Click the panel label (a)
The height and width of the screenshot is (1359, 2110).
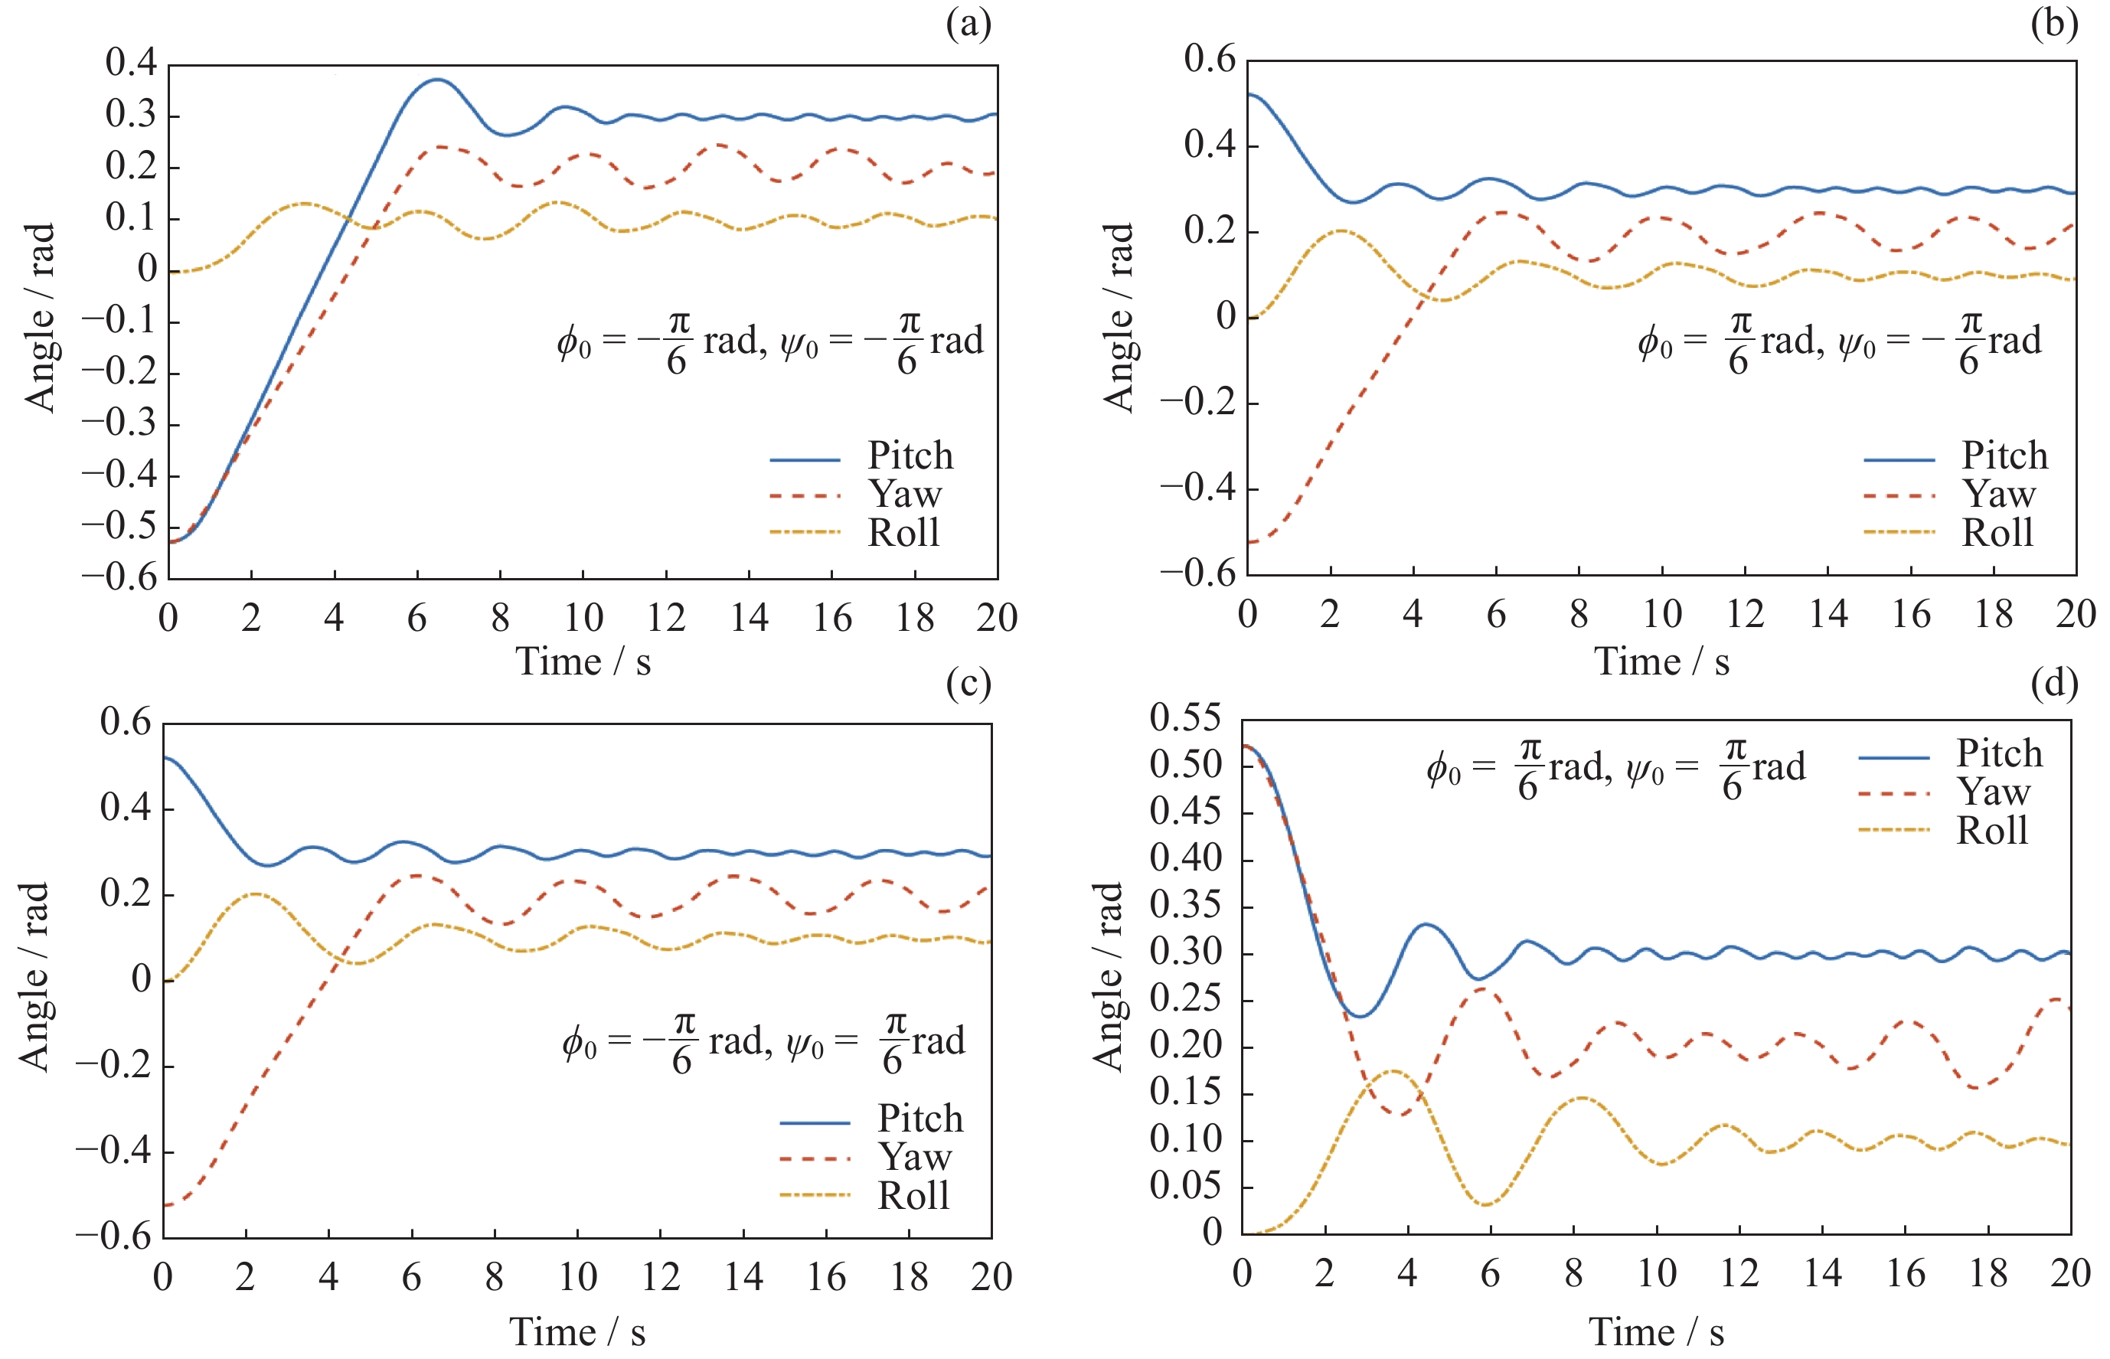click(x=968, y=25)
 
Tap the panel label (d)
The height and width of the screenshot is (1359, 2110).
click(x=2053, y=683)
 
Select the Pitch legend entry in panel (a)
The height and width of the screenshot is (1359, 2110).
click(x=910, y=456)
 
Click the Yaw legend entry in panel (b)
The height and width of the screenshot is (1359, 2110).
click(x=1998, y=494)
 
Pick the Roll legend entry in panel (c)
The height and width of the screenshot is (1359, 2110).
click(x=913, y=1196)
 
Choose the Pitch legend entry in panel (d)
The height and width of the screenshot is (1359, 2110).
click(x=1999, y=753)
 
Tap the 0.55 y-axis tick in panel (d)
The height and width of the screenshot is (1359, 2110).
click(x=1185, y=718)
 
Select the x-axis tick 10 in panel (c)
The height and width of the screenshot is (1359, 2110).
click(x=577, y=1277)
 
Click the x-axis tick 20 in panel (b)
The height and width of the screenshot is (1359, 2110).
click(x=2075, y=614)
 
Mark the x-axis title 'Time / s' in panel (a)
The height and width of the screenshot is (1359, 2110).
click(x=583, y=662)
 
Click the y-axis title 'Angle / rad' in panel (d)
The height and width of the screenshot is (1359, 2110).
click(x=1108, y=976)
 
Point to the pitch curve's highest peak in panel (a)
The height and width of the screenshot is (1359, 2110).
click(x=436, y=80)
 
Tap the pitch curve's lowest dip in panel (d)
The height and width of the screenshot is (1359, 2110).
click(x=1360, y=1017)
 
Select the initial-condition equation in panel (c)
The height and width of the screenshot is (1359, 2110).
click(x=763, y=1043)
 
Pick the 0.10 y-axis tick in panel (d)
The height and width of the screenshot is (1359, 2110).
click(x=1185, y=1139)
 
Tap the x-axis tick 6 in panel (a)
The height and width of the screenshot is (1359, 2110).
click(x=416, y=618)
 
